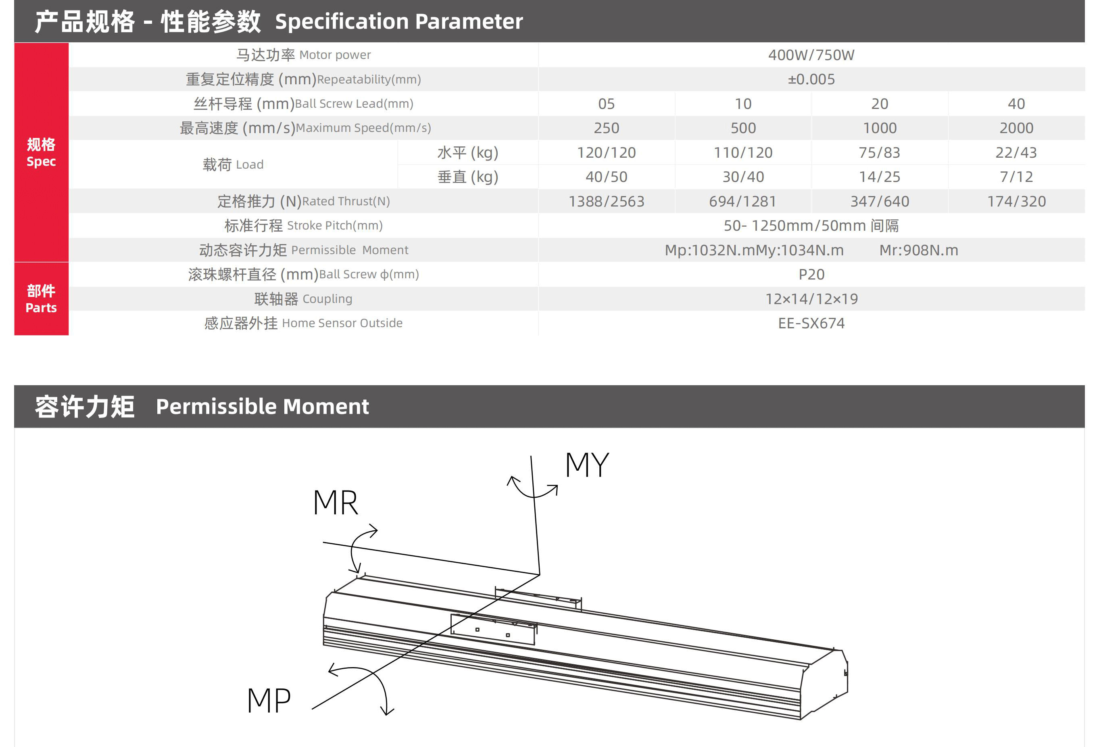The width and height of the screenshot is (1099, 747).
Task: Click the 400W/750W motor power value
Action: coord(811,55)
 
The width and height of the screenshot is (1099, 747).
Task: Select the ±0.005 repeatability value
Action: coord(811,79)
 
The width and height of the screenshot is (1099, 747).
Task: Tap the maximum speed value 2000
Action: coord(1016,128)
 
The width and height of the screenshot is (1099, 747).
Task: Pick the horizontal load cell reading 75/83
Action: coord(880,152)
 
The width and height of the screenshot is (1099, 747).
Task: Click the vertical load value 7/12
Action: coord(1016,176)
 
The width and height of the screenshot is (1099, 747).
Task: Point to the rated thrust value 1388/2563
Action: coord(606,201)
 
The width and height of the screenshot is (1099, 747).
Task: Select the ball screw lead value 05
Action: coord(606,104)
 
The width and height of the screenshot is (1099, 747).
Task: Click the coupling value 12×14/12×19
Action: coord(811,298)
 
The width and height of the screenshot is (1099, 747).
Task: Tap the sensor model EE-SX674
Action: coord(811,323)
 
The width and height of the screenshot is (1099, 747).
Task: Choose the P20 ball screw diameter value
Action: coord(811,274)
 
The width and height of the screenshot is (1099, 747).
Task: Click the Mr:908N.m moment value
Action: coord(918,250)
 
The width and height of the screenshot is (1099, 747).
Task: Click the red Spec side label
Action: coord(41,152)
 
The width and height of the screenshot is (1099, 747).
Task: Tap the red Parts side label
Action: coord(41,299)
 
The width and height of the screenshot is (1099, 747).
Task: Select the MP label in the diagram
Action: coord(269,701)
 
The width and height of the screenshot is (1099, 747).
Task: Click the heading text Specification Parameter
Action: coord(398,21)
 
